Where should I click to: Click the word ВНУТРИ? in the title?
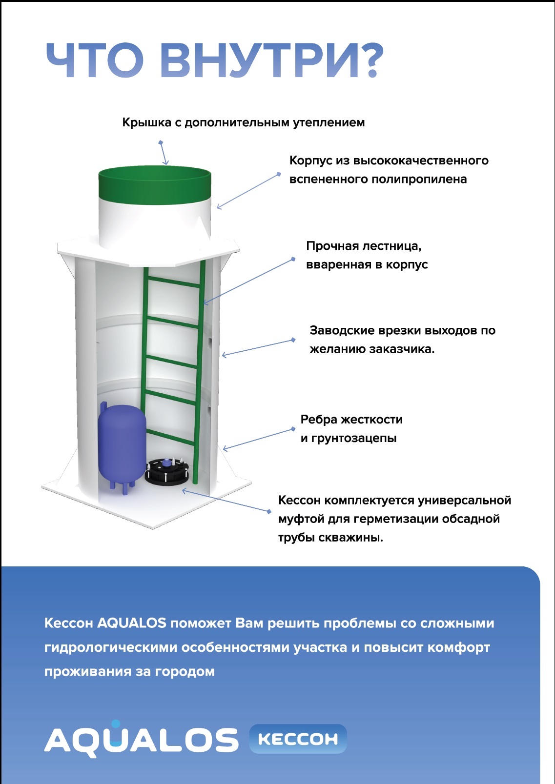pos(272,60)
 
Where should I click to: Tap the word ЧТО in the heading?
pos(95,60)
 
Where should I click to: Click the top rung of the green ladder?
pos(173,282)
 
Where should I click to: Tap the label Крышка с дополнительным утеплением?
pos(244,122)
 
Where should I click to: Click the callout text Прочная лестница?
pos(364,246)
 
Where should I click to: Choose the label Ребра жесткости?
pos(351,419)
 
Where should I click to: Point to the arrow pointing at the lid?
pos(164,153)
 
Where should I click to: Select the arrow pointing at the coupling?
pos(226,501)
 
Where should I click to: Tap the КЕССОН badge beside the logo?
pos(298,739)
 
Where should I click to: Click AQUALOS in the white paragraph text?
pos(131,623)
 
